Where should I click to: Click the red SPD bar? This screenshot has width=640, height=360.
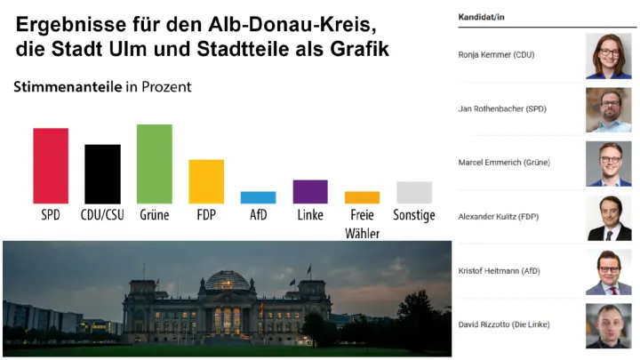51,165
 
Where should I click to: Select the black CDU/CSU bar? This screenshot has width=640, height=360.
102,173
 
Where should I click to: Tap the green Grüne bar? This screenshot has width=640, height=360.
154,164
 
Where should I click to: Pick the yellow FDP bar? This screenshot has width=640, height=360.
206,181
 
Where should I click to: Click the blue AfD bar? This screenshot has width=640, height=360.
258,197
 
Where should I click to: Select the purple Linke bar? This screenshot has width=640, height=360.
310,191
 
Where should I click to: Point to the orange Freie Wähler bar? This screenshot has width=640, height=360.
362,197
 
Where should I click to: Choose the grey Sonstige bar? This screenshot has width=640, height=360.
414,192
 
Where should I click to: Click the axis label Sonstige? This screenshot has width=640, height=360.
414,215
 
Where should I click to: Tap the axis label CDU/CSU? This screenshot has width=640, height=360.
102,215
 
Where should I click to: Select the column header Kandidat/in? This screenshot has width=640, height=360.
482,17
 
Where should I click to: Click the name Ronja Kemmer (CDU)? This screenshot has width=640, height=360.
496,55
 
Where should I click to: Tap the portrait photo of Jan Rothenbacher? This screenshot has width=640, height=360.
608,109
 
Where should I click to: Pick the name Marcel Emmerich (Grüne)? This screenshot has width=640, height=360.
502,163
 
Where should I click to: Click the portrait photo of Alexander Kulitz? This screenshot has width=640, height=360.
608,218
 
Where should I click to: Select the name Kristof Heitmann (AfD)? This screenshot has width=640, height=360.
499,270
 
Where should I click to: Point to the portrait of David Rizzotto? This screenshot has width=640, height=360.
608,325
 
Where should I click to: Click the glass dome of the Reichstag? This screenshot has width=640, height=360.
228,280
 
